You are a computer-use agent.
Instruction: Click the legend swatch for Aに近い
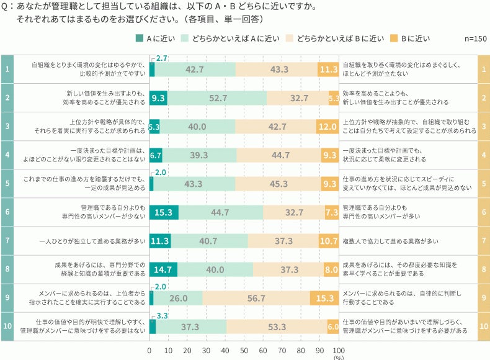pos(140,38)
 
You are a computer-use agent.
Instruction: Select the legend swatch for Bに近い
pos(393,38)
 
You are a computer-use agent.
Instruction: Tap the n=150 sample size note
pos(475,38)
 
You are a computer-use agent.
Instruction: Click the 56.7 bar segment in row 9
pos(256,298)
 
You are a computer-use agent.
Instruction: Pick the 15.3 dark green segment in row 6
pos(164,212)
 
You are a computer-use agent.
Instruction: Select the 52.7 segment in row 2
pos(217,97)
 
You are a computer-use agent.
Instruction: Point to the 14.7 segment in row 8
pos(163,269)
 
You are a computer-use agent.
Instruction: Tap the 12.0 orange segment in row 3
pos(327,126)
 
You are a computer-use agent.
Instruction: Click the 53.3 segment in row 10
pos(277,326)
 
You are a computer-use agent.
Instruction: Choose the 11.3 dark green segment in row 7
pos(160,241)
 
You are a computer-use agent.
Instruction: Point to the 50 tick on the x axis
pos(244,350)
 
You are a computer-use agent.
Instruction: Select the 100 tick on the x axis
pos(339,350)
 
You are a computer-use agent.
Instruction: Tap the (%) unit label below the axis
pos(339,357)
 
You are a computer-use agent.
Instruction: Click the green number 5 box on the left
pos(7,184)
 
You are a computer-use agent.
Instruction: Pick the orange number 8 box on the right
pos(483,269)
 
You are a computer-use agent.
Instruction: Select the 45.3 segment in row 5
pos(278,184)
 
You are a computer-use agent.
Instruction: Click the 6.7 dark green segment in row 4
pos(156,155)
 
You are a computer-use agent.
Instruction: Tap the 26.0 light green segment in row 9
pos(178,298)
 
